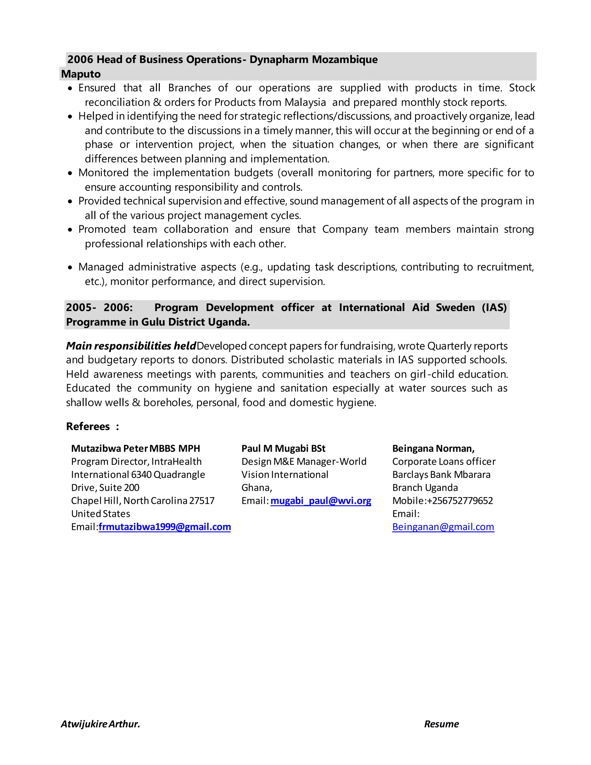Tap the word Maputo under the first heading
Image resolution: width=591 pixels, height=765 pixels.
[x=81, y=74]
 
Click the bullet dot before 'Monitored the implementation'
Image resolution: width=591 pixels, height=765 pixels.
[x=70, y=173]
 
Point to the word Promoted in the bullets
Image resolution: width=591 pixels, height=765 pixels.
[x=102, y=229]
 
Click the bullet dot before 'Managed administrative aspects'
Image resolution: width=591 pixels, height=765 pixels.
[x=70, y=268]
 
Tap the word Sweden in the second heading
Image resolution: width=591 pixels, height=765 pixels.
[x=455, y=307]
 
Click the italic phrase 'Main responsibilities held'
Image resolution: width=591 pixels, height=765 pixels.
[x=131, y=346]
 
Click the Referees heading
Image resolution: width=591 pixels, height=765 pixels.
[x=88, y=426]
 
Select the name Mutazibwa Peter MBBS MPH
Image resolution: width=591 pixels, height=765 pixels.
[x=136, y=448]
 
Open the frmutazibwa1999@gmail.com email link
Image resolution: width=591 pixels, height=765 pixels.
[x=164, y=527]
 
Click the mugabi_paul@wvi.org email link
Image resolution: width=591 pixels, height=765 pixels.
[x=321, y=501]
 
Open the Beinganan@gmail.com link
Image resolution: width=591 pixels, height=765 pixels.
[x=443, y=527]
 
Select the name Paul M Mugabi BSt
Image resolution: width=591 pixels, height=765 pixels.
[x=283, y=448]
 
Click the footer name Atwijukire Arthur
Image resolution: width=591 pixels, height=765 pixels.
[x=100, y=724]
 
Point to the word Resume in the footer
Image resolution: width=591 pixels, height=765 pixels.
[x=441, y=724]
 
